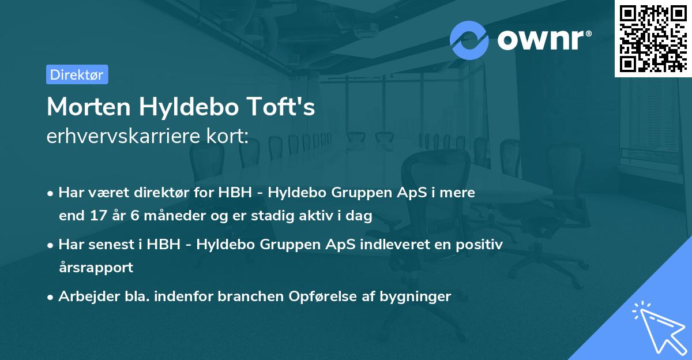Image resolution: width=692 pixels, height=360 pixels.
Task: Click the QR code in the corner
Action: coord(653,38)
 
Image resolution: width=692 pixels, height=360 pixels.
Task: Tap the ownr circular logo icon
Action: coord(469,40)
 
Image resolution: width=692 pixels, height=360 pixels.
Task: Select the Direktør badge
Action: coord(77,74)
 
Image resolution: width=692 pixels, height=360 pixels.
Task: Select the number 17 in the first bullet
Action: coord(93,216)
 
